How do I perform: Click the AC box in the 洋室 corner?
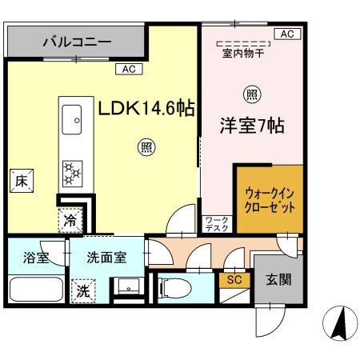pos(286,34)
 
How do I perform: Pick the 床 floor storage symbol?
pos(21,181)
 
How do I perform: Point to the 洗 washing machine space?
pos(82,291)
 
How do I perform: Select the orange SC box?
pos(234,280)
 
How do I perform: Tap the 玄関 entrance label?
pos(279,279)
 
